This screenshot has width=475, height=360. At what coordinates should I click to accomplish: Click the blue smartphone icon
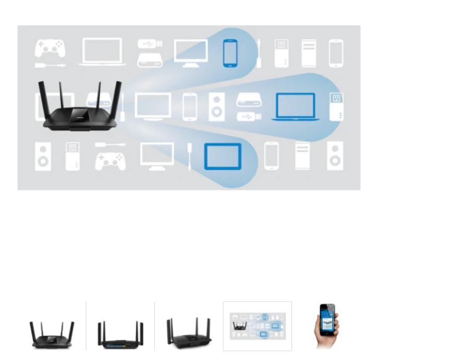[230, 53]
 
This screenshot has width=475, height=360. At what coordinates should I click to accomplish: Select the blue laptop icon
[295, 106]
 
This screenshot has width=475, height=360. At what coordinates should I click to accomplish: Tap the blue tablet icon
[223, 156]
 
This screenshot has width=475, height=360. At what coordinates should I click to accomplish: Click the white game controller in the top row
[50, 49]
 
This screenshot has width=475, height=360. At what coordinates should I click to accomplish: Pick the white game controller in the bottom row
[111, 161]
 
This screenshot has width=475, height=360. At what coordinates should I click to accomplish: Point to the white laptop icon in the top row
[102, 51]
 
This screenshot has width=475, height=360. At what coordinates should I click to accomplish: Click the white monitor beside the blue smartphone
[191, 53]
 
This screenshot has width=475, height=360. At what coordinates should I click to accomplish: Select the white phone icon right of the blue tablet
[271, 155]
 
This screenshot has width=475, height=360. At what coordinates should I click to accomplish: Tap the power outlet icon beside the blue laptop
[336, 106]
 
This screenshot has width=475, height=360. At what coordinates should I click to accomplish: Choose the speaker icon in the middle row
[217, 106]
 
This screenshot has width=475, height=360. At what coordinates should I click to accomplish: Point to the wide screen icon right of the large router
[153, 106]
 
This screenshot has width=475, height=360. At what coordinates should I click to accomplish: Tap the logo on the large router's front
[80, 111]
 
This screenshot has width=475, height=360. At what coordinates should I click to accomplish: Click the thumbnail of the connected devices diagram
[258, 326]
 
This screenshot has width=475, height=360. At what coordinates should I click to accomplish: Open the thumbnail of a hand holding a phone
[327, 326]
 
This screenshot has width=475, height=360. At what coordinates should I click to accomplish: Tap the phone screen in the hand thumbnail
[327, 318]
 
